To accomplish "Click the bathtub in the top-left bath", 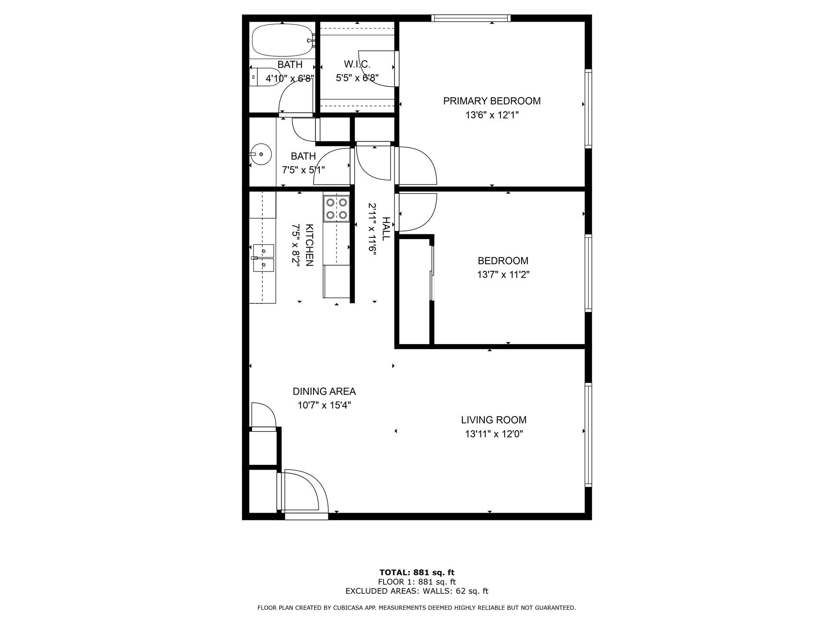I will tap(282, 40).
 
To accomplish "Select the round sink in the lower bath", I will tap(261, 154).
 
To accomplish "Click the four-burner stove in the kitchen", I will tap(337, 208).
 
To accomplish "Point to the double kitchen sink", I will tap(264, 258).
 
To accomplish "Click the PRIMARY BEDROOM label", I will tap(492, 101).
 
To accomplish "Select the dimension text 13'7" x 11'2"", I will tap(503, 275).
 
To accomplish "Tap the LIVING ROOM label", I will tap(493, 420).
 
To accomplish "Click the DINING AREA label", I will tap(324, 391).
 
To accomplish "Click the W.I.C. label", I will tap(357, 65).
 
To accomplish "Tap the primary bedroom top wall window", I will tap(471, 18).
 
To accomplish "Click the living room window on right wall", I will tap(588, 434).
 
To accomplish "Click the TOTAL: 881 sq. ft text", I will tap(417, 572).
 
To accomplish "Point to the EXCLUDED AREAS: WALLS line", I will tap(417, 591).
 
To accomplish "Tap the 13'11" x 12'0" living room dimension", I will tap(493, 434).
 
